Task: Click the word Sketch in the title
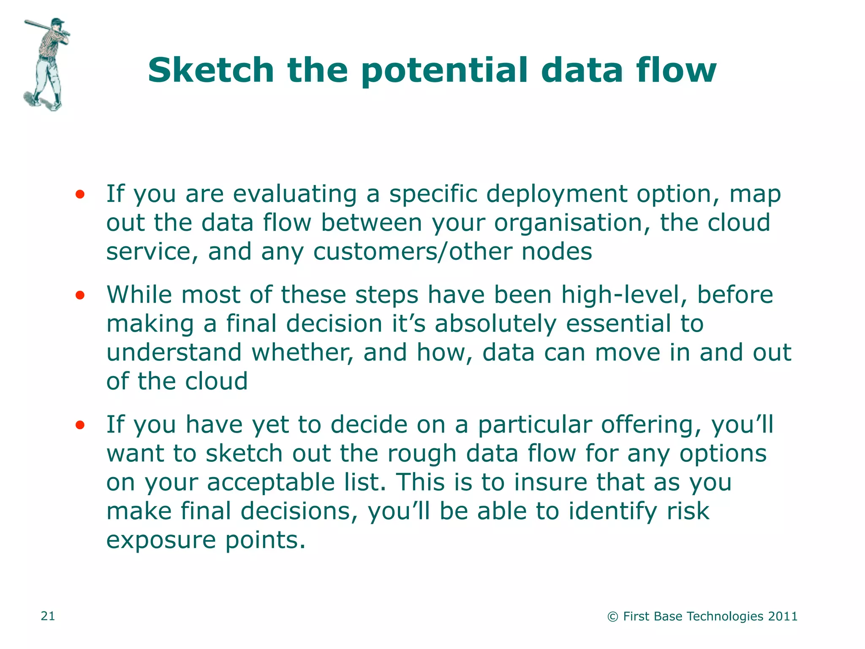tap(211, 70)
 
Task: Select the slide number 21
tap(48, 616)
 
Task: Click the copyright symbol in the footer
tap(612, 617)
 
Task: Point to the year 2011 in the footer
tap(783, 616)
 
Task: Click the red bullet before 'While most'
tap(80, 295)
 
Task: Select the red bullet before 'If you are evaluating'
tap(80, 194)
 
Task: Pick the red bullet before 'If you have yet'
tap(80, 425)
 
